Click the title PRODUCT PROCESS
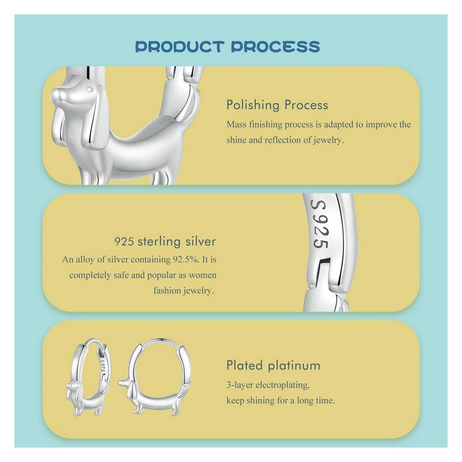227,46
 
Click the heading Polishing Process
277,105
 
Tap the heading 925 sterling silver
165,241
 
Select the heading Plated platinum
273,365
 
